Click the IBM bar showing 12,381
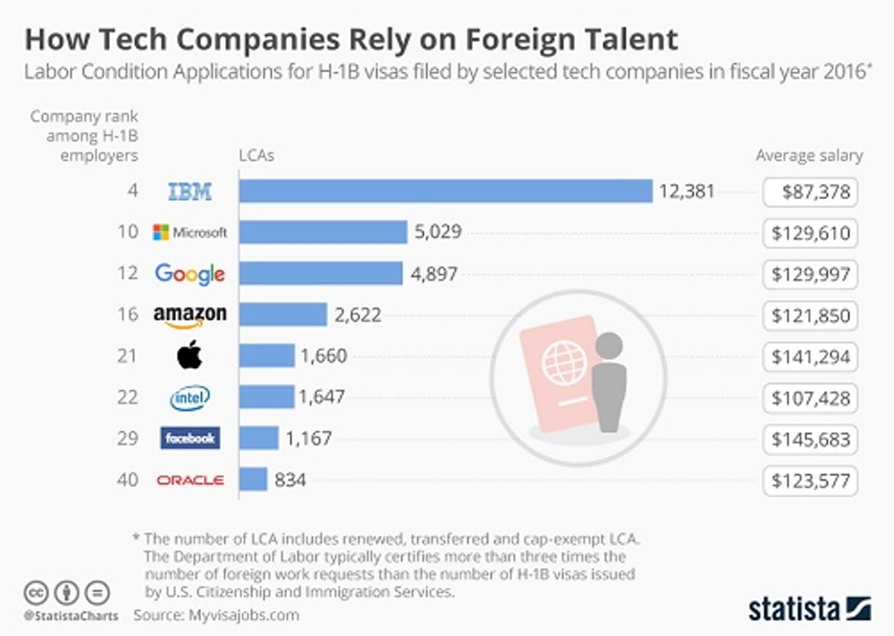[x=446, y=191]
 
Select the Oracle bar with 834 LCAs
[x=253, y=479]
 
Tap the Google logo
[x=190, y=273]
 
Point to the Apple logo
[x=189, y=355]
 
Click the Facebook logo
[x=190, y=439]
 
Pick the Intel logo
[x=190, y=398]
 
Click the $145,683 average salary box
[x=811, y=439]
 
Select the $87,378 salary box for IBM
[x=811, y=192]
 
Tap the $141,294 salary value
[x=811, y=357]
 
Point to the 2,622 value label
[x=358, y=315]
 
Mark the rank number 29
[x=128, y=439]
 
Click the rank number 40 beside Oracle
[x=128, y=480]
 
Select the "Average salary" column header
[x=809, y=156]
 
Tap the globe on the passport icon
[x=565, y=363]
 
